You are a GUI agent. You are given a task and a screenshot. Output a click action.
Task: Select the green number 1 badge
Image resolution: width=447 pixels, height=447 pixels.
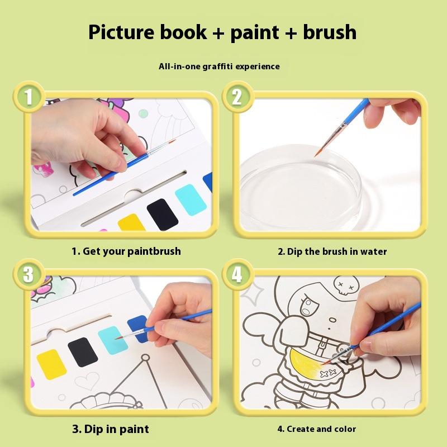pos(29,97)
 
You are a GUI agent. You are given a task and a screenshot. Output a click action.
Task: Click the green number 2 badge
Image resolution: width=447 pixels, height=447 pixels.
pos(237,97)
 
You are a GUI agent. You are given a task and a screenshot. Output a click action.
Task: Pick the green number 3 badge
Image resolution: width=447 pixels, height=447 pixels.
pos(29,274)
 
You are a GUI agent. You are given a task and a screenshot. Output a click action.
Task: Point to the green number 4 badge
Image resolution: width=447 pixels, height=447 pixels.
pos(237,274)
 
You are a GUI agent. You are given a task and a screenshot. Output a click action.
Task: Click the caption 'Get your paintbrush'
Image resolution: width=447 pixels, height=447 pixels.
pos(132,251)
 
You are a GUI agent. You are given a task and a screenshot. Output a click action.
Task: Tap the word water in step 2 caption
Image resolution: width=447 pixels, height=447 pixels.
pos(373,251)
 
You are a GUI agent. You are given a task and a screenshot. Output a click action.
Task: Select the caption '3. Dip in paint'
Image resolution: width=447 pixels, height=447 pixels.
pos(111,429)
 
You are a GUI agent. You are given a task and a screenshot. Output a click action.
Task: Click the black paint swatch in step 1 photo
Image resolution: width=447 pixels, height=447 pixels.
pos(162,215)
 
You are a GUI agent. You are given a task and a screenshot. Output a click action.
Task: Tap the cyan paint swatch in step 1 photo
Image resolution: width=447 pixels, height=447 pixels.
pos(191,199)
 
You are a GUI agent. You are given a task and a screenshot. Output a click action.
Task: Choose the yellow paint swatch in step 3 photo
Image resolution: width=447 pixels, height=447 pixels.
pos(51,365)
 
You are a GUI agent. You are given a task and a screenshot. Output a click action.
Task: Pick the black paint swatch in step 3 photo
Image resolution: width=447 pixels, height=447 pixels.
pos(83,352)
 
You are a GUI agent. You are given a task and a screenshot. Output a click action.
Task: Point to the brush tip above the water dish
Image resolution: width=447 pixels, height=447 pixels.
pos(316,155)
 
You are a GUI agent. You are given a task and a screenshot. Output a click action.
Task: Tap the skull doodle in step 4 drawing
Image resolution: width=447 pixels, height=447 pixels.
pos(346,284)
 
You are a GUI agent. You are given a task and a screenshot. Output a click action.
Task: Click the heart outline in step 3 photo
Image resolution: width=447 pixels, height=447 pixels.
pos(87,381)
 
